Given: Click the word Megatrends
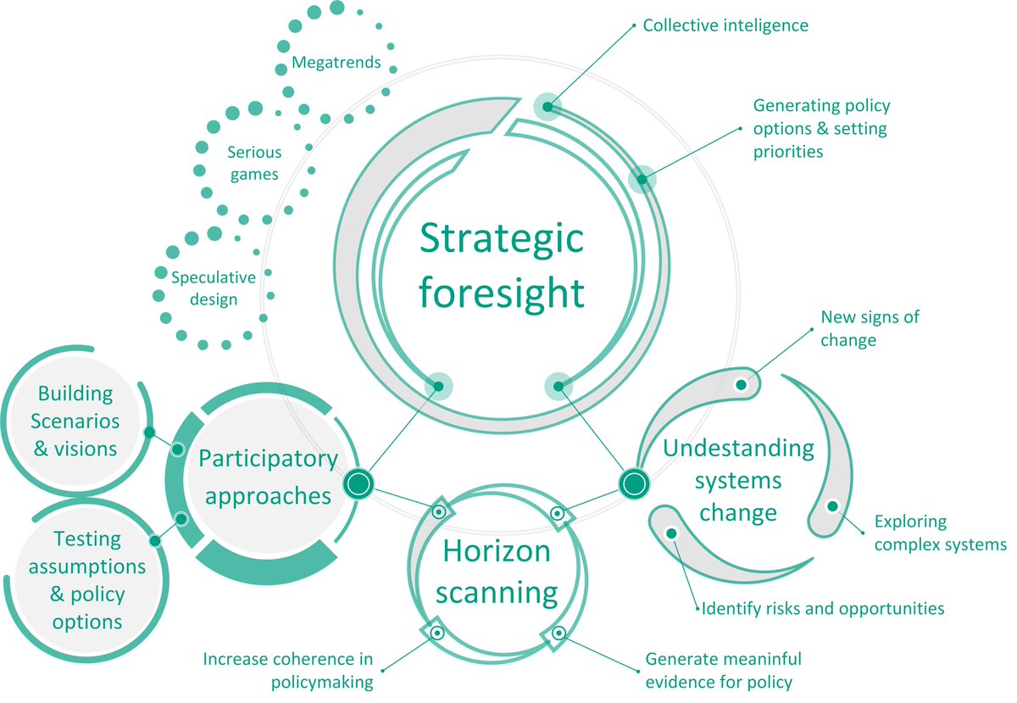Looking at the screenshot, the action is pos(336,62).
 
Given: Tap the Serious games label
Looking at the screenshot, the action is pos(254,163).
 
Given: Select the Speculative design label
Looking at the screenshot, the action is pos(214,288).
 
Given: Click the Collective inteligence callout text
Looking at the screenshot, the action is pos(725,25).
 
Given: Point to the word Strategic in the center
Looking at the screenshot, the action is pos(501,239).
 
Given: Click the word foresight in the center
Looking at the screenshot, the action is pos(501,293).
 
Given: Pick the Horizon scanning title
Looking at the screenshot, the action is pos(497,572).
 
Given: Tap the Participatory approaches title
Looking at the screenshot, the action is pos(269,477).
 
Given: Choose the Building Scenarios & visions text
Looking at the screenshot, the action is pos(75,421).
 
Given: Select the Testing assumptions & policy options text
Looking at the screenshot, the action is pos(87,580).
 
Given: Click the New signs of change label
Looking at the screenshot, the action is pos(870,328).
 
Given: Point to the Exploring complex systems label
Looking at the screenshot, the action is pos(940,533).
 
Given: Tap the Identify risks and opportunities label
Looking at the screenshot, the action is pos(823,609).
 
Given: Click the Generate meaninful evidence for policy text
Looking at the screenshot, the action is pos(723,670).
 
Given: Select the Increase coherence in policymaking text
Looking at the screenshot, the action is pos(288,670).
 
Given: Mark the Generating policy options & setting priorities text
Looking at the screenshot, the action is pos(821,129).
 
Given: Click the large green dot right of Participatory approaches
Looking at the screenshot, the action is pos(358,483).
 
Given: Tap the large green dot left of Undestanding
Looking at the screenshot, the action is pos(634,483).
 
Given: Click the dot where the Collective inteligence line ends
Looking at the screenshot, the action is pos(547,107).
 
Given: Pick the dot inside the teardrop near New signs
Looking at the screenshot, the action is pos(741,385).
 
